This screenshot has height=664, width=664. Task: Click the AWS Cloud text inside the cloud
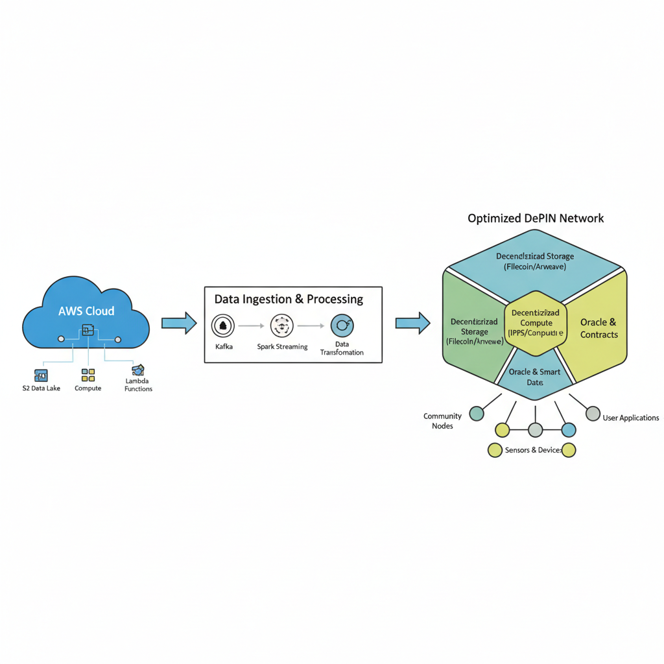pyautogui.click(x=86, y=311)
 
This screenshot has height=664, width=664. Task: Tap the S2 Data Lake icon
pyautogui.click(x=41, y=375)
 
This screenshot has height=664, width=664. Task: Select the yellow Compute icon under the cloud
pyautogui.click(x=88, y=375)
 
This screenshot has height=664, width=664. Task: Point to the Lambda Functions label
pyautogui.click(x=138, y=385)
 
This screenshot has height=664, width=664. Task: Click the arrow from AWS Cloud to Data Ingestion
pyautogui.click(x=178, y=323)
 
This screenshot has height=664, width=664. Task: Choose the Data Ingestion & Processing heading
pyautogui.click(x=289, y=299)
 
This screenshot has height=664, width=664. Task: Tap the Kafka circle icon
pyautogui.click(x=223, y=326)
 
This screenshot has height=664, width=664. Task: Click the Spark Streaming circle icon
pyautogui.click(x=282, y=326)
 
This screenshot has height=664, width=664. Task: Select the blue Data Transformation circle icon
pyautogui.click(x=342, y=326)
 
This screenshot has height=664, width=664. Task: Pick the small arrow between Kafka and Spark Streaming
pyautogui.click(x=252, y=326)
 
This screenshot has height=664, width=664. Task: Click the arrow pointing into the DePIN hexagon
pyautogui.click(x=412, y=323)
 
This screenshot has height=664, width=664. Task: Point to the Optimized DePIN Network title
pyautogui.click(x=536, y=219)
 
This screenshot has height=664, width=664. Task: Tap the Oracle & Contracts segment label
pyautogui.click(x=599, y=328)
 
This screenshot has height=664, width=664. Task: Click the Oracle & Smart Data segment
pyautogui.click(x=534, y=376)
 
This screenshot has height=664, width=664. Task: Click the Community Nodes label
pyautogui.click(x=442, y=421)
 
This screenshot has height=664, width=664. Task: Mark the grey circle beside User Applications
pyautogui.click(x=593, y=414)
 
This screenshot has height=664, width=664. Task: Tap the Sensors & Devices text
pyautogui.click(x=533, y=450)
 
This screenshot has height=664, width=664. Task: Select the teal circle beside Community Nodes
pyautogui.click(x=477, y=414)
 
